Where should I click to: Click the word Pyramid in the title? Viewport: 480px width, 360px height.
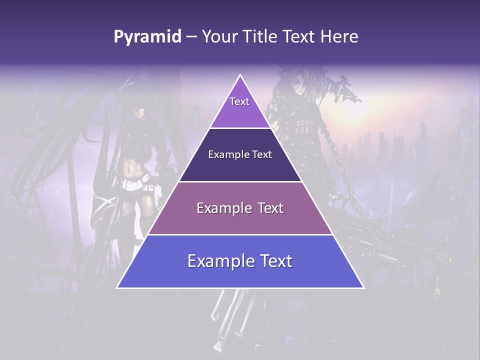[x=147, y=37]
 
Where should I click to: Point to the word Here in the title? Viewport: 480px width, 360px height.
[x=340, y=37]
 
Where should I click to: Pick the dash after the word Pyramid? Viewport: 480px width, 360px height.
[x=191, y=37]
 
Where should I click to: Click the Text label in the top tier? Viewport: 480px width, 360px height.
[x=239, y=101]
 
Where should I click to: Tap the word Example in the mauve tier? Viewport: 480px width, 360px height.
[x=223, y=208]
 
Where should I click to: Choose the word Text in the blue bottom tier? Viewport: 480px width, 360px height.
[x=276, y=261]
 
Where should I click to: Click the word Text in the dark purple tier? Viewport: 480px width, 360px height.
[x=261, y=154]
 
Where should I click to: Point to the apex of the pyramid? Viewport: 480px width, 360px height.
[x=240, y=75]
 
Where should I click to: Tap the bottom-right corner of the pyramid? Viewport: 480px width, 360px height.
[x=363, y=287]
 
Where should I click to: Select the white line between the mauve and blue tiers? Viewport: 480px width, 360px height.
[x=240, y=234]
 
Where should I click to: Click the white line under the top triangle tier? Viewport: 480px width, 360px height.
[x=240, y=128]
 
